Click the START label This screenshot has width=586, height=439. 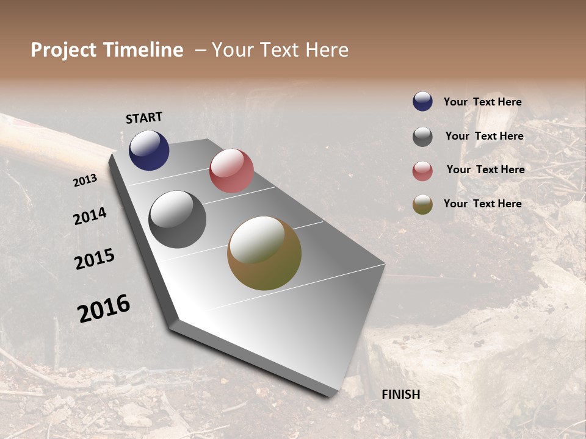tap(144, 118)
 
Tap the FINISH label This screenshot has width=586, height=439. tap(401, 394)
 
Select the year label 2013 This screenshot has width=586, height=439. tap(85, 180)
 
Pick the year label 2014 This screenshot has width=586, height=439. tap(90, 216)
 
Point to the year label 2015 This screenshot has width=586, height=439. tap(95, 259)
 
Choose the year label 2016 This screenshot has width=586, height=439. tap(104, 309)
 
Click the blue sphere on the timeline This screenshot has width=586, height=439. tap(149, 151)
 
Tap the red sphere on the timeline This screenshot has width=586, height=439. tap(231, 171)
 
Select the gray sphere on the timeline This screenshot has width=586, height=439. tap(178, 220)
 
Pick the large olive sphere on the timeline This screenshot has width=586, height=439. tap(264, 253)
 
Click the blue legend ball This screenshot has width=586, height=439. tap(422, 102)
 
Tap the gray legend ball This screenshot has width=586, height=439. tap(422, 137)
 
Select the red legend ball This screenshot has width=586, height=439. tap(422, 171)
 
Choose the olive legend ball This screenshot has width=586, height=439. tap(422, 204)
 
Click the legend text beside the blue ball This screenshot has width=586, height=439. tap(482, 102)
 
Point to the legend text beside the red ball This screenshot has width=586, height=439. tap(485, 170)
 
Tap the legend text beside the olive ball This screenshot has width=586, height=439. tap(482, 204)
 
